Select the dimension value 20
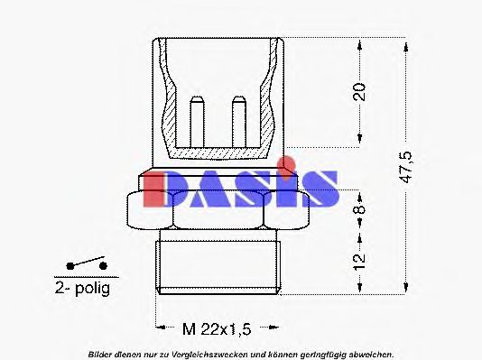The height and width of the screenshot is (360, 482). (x=360, y=90)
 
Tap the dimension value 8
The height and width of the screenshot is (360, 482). (x=360, y=213)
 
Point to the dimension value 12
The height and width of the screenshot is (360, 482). (x=360, y=262)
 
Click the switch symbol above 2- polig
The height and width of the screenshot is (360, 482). (x=87, y=264)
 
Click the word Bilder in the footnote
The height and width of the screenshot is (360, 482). (x=99, y=352)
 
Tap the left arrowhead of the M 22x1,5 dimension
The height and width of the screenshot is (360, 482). (x=161, y=326)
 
